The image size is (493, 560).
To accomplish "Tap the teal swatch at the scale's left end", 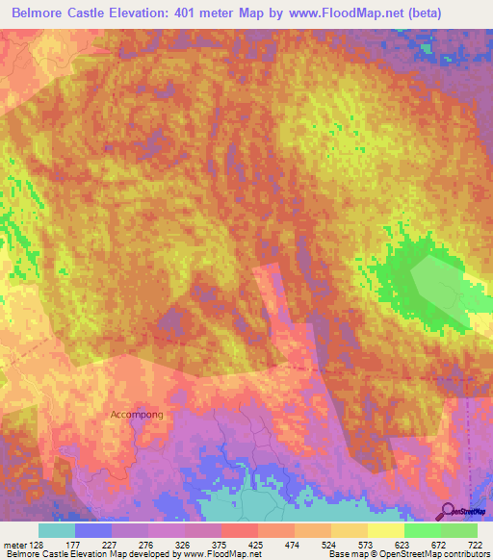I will (57, 530).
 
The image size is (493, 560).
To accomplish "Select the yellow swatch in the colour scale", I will (386, 530).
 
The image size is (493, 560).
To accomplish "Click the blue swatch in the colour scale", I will (93, 530).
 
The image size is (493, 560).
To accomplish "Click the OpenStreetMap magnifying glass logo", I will (447, 510).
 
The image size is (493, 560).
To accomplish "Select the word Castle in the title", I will (109, 14).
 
